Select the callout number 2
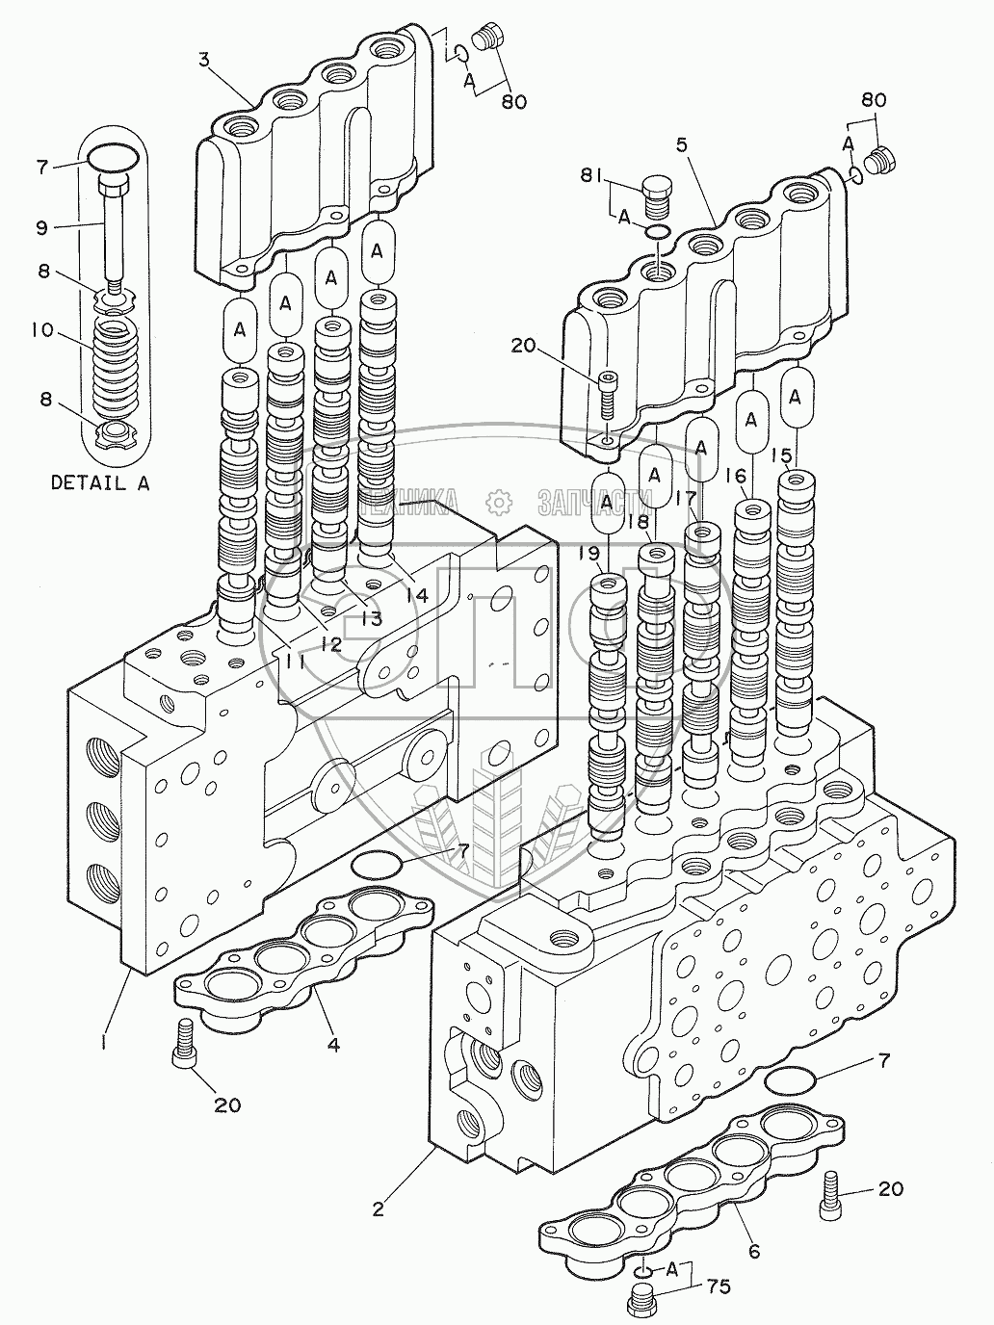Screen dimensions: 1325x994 click(x=379, y=1208)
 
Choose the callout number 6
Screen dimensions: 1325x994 click(x=754, y=1251)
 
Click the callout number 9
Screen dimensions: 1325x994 click(x=40, y=228)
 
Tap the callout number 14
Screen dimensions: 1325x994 click(x=416, y=595)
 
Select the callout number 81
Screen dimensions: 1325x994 click(x=591, y=175)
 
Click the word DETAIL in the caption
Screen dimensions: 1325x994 click(x=88, y=483)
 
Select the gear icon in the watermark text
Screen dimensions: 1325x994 click(x=497, y=501)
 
